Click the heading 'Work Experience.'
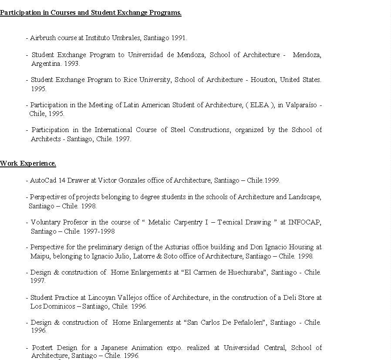click(28, 164)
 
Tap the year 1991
click(179, 38)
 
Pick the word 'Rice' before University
click(130, 80)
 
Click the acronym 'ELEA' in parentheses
click(260, 105)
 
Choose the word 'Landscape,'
click(305, 197)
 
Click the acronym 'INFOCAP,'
click(305, 222)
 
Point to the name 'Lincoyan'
click(103, 298)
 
